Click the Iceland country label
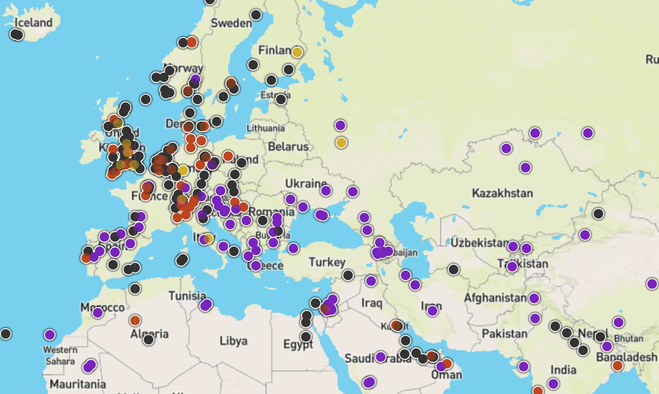pos(33,23)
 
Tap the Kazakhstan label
pos(502,194)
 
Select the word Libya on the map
pos(234,341)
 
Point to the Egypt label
pos(298,345)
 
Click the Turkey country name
pos(327,262)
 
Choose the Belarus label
pos(288,147)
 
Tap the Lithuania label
pos(265,128)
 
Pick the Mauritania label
pos(78,384)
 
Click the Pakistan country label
pos(505,333)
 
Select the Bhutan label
pos(628,338)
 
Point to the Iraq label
pos(372,303)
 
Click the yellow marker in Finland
pos(297,52)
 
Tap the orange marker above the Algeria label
pos(135,320)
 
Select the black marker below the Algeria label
pos(149,340)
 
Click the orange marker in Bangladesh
pos(617,366)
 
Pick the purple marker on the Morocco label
pos(98,313)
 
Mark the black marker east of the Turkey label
pos(348,275)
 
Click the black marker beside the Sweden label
pos(256,15)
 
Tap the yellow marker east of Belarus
pos(341,142)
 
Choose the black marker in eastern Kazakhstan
pos(598,214)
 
